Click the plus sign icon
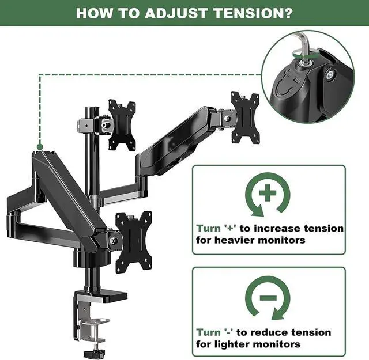point(268,195)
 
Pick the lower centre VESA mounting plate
point(133,241)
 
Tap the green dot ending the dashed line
point(39,146)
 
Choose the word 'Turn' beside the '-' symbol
point(208,332)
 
